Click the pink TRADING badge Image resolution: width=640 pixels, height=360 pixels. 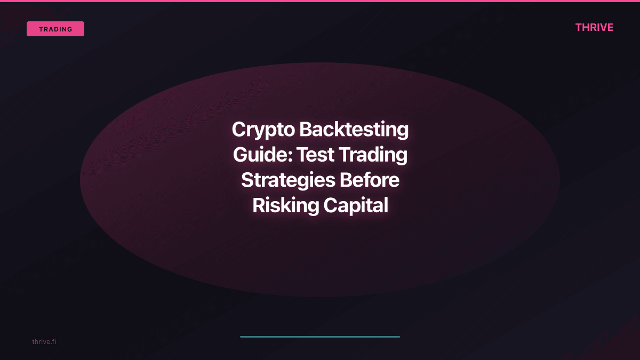point(55,29)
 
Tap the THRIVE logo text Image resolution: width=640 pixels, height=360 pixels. point(594,28)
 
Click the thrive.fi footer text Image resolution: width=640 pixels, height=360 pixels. point(44,341)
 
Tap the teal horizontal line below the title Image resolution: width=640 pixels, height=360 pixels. point(320,337)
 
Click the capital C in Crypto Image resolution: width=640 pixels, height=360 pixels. point(239,130)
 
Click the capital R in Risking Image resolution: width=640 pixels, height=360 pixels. point(258,205)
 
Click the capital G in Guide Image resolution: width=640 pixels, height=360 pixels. point(241,155)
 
